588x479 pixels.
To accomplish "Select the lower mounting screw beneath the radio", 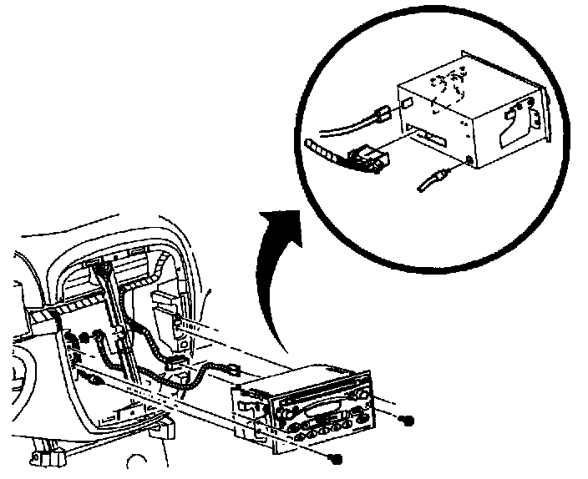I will [x=335, y=457].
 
